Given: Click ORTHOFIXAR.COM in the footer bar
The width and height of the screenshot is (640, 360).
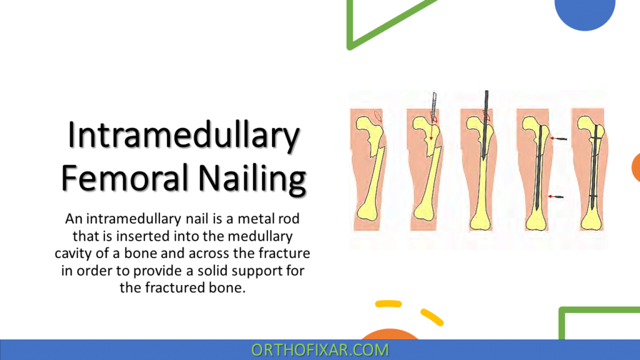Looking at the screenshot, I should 319,350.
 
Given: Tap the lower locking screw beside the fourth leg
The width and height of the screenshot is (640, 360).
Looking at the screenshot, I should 555,197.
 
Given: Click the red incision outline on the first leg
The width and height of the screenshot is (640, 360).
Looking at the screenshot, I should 376,116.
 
